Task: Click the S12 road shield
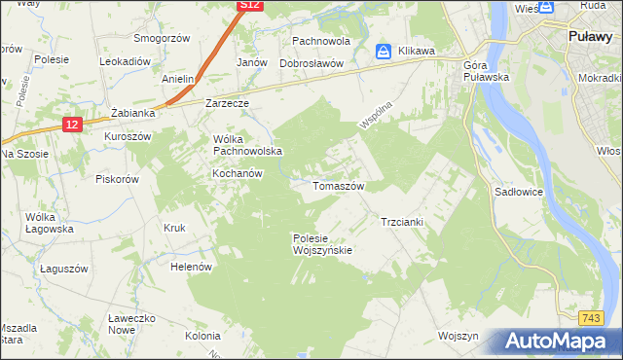click(250, 6)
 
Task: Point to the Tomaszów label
click(338, 185)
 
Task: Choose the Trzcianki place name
click(401, 222)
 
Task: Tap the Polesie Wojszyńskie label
click(322, 243)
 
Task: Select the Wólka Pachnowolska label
click(247, 145)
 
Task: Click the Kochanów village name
click(238, 173)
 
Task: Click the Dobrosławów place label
click(311, 63)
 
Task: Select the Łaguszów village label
click(64, 269)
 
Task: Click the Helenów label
click(191, 266)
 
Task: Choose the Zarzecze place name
click(227, 102)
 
